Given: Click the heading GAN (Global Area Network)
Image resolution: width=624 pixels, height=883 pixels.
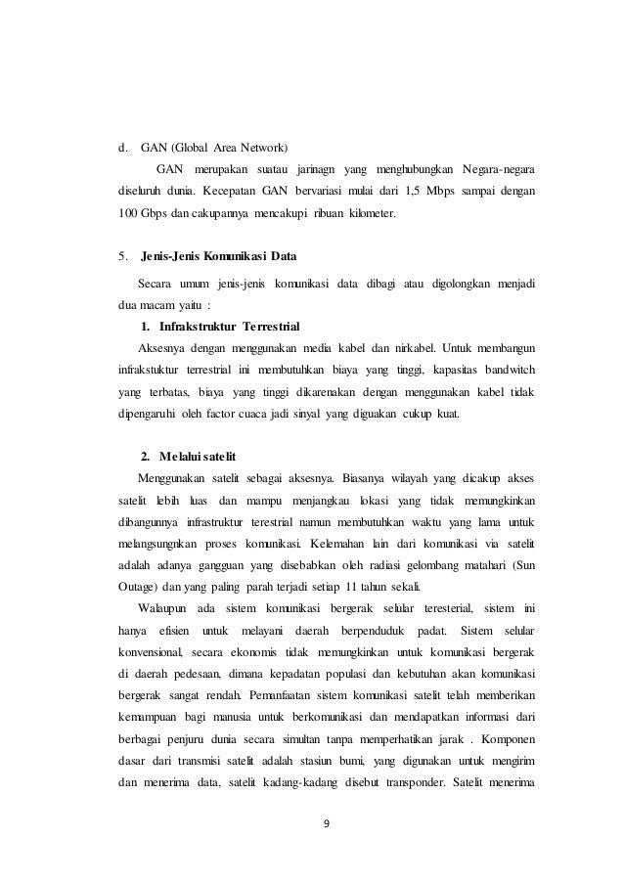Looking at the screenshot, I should coord(214,150).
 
